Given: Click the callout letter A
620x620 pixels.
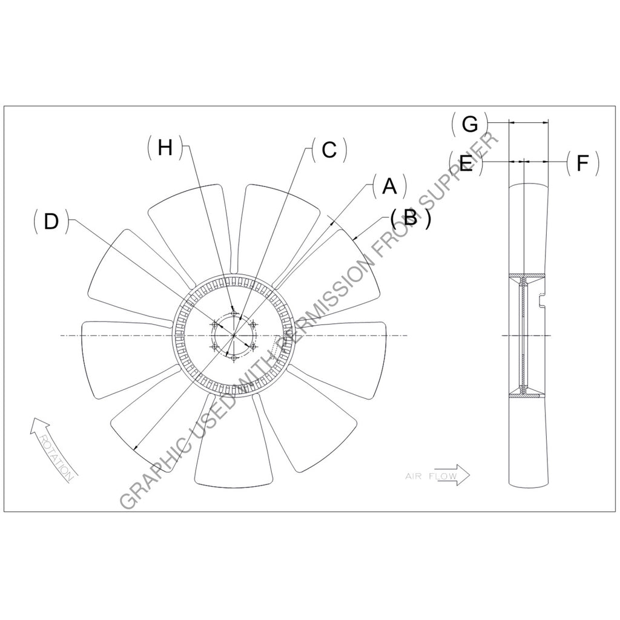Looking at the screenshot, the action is pyautogui.click(x=389, y=186).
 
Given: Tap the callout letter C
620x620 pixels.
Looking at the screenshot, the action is pyautogui.click(x=329, y=150).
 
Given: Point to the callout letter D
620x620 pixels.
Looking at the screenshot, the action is pyautogui.click(x=51, y=222).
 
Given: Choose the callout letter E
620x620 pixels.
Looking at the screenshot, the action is pyautogui.click(x=467, y=163).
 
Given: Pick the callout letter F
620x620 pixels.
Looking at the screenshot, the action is pyautogui.click(x=582, y=163).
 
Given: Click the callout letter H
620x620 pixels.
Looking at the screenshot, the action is pyautogui.click(x=165, y=148).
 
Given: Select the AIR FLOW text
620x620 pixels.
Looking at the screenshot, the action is pyautogui.click(x=431, y=476).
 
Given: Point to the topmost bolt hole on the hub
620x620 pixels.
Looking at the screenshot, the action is pyautogui.click(x=234, y=313).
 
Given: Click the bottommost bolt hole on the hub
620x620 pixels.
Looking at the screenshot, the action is pyautogui.click(x=234, y=358).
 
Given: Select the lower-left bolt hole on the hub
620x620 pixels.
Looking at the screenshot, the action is pyautogui.click(x=215, y=347).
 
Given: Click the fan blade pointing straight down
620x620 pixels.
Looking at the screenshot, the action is pyautogui.click(x=233, y=441).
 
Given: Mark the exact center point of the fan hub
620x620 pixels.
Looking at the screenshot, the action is pyautogui.click(x=234, y=335).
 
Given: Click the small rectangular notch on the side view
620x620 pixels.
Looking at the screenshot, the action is pyautogui.click(x=541, y=301).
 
